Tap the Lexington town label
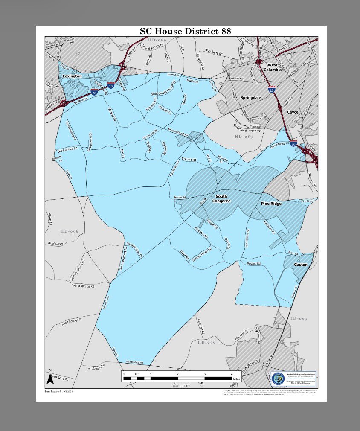point(72,76)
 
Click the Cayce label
point(293,112)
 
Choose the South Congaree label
point(218,199)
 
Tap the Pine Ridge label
point(271,204)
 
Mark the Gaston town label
point(300,265)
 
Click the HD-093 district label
point(298,319)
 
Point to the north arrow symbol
point(50,377)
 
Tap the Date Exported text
point(59,391)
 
